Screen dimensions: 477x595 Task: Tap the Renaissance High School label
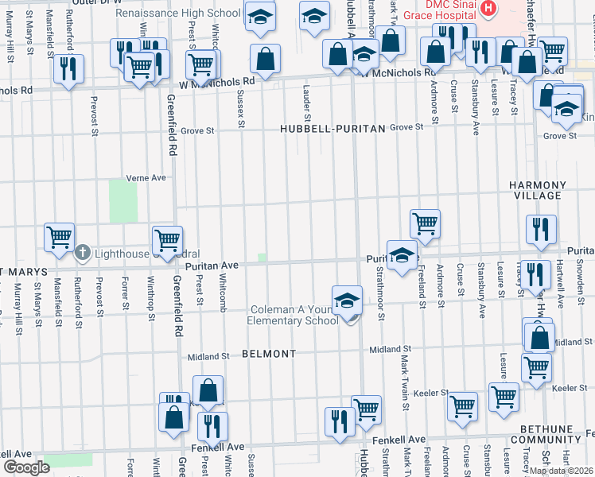[x=177, y=14]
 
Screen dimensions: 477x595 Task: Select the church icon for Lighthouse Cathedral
[x=83, y=253]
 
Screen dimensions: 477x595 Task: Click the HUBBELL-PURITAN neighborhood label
[x=332, y=128]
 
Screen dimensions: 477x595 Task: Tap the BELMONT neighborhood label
[x=269, y=353]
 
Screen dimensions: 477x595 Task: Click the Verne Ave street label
[x=146, y=178]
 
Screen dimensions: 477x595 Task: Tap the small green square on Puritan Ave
[x=262, y=257]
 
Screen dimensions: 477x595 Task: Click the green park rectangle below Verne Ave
[x=122, y=200]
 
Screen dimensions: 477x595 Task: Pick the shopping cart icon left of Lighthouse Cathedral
[x=60, y=238]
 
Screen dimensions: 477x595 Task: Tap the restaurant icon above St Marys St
[x=68, y=69]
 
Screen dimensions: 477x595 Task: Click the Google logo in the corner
[x=26, y=467]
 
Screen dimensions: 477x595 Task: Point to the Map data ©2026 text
[x=562, y=471]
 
